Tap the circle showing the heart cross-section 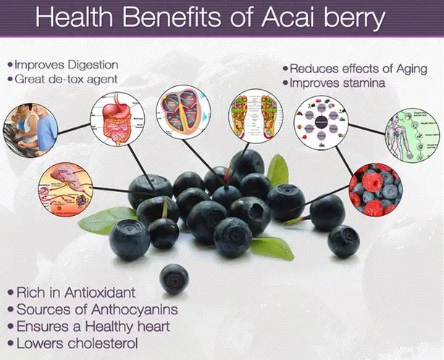coord(183,112)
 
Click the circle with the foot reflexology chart coord(253,115)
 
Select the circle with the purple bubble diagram coord(321,123)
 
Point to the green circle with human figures coord(411,135)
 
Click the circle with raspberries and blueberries coord(375,189)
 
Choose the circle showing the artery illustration coord(65,189)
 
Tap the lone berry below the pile coord(174,278)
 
